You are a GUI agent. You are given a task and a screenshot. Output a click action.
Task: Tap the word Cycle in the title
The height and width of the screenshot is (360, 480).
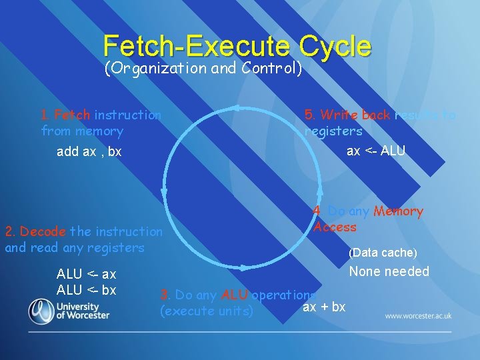tap(335, 46)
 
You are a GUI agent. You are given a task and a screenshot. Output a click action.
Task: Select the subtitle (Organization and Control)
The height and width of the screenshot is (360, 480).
tap(203, 68)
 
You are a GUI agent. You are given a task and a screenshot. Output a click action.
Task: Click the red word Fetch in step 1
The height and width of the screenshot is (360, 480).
tap(72, 115)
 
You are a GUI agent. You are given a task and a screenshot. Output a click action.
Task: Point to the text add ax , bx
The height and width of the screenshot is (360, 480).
tap(89, 151)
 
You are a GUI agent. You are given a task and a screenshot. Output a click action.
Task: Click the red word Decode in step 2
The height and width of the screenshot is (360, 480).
tap(43, 231)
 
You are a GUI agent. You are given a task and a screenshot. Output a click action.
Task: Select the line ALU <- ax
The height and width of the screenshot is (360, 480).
tap(87, 274)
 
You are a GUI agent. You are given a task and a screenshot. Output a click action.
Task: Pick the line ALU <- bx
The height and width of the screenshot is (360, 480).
tap(87, 290)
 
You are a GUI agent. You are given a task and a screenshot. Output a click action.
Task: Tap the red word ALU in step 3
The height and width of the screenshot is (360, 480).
tap(234, 295)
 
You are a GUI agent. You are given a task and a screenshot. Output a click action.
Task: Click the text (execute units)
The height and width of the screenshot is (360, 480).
tap(207, 311)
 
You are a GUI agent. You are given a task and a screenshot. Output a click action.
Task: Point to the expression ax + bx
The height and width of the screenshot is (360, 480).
tap(324, 307)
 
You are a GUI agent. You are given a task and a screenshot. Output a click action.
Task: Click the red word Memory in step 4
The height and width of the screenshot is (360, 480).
tap(398, 211)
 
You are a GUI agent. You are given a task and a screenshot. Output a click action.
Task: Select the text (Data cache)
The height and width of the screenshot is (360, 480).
tap(383, 253)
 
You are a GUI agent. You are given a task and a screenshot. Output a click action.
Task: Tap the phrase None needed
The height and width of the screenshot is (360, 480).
tap(389, 271)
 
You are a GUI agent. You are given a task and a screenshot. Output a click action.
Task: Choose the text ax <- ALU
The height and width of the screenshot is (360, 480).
tap(376, 151)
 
